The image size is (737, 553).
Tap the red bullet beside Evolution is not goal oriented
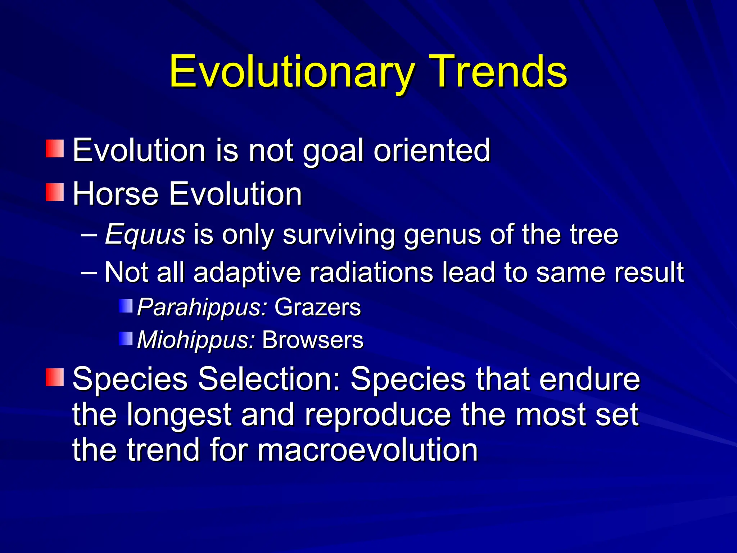[55, 149]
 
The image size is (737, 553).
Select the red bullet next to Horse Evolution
[55, 192]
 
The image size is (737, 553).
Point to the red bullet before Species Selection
[55, 377]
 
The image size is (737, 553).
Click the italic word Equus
[145, 234]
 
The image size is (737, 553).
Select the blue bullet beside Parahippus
[126, 306]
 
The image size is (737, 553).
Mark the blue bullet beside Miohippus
[126, 338]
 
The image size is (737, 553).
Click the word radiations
[371, 272]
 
